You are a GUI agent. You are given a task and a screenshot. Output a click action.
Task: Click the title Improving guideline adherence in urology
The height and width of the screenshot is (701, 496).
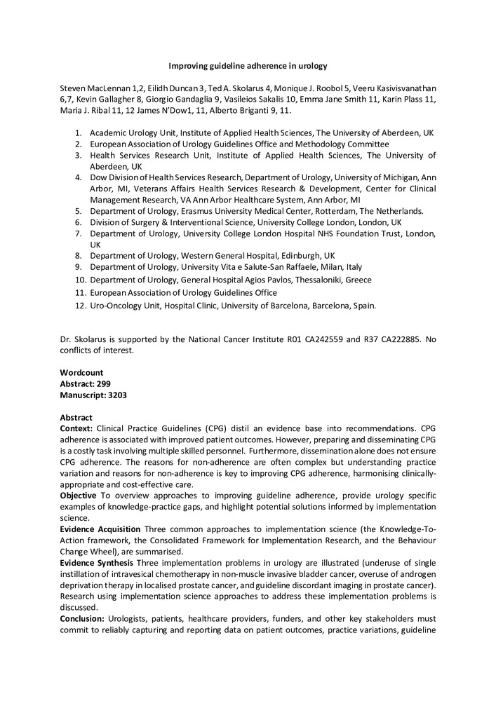click(248, 67)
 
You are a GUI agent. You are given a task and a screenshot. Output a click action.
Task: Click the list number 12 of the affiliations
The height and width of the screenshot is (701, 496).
click(79, 306)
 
